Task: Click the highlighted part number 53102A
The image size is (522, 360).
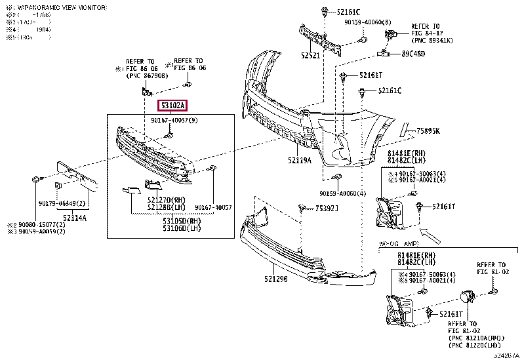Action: coord(171,105)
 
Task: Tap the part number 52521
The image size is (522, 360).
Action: coord(310,56)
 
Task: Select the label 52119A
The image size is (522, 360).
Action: coord(299,159)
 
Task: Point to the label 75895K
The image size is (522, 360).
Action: coord(429,131)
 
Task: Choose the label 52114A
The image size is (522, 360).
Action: coord(75,217)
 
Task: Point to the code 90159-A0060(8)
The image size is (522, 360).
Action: coord(369,22)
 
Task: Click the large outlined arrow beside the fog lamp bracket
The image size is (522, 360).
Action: coord(433,231)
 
